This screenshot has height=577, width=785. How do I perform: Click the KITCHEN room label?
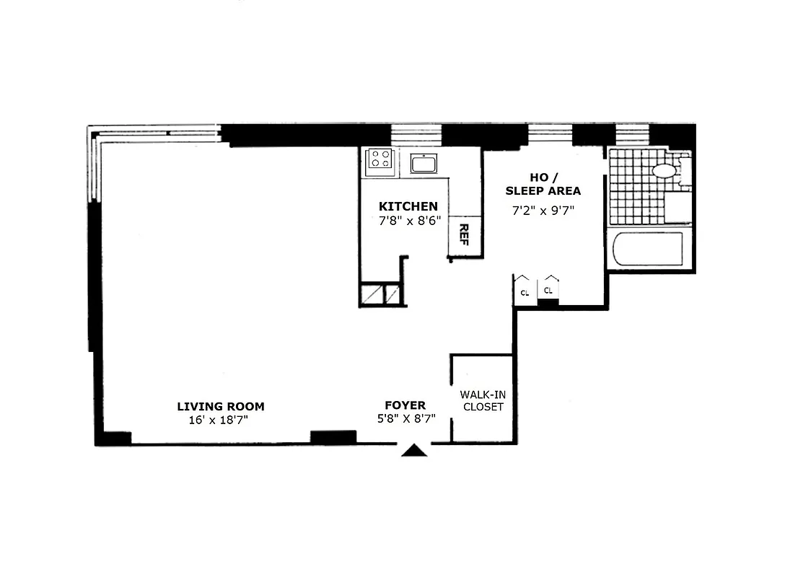point(408,206)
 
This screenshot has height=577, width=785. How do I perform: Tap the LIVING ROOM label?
point(222,406)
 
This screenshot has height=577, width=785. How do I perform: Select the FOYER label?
point(405,405)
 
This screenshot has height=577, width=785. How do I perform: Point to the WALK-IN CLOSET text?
point(481,401)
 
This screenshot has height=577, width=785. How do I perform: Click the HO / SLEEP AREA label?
point(543,185)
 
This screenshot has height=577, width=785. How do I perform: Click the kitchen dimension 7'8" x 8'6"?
point(409,221)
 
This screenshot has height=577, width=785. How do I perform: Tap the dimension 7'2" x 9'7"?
point(542,211)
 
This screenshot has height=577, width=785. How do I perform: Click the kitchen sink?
point(423,164)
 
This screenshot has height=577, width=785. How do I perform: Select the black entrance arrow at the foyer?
point(414,450)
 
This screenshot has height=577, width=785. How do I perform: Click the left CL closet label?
point(525,292)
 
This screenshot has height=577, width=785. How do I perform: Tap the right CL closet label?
point(548,290)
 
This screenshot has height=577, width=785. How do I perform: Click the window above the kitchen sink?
point(416,134)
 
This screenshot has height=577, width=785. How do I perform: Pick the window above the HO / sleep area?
point(549,134)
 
